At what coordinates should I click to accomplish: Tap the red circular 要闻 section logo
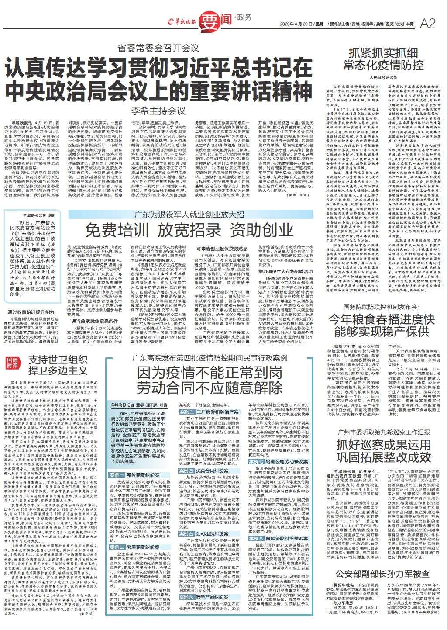coord(210,20)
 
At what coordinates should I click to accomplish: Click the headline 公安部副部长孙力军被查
coord(382,573)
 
